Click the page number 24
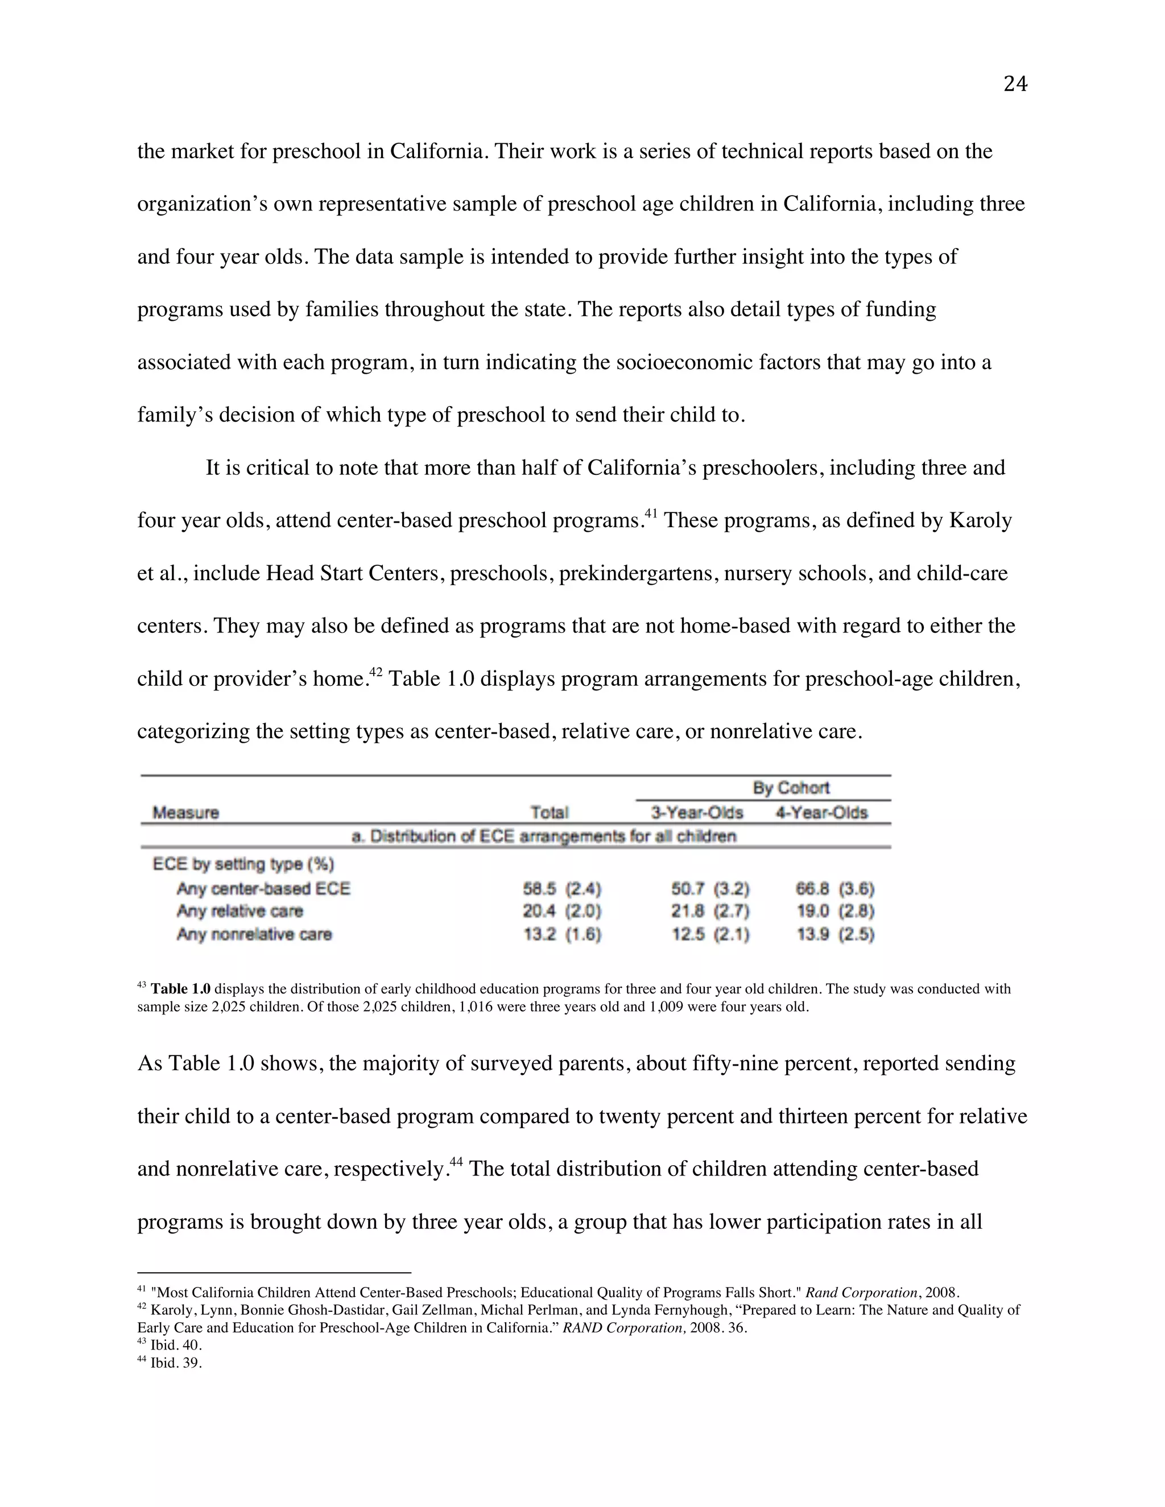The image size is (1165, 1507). click(x=1015, y=84)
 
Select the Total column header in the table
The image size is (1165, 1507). click(x=549, y=812)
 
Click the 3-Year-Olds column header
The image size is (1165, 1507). click(x=696, y=812)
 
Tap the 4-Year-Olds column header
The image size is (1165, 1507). click(x=821, y=812)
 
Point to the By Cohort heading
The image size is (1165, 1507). click(x=790, y=788)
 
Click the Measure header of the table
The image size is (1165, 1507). click(x=185, y=812)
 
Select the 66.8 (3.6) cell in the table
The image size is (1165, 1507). click(x=835, y=888)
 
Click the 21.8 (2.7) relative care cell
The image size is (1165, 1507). click(x=710, y=911)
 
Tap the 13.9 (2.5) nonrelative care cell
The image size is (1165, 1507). click(x=835, y=934)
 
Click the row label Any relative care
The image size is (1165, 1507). click(x=239, y=911)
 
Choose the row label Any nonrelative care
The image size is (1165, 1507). click(x=254, y=934)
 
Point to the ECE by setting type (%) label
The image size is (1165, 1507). click(x=243, y=864)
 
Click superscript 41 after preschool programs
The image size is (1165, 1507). click(x=651, y=514)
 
